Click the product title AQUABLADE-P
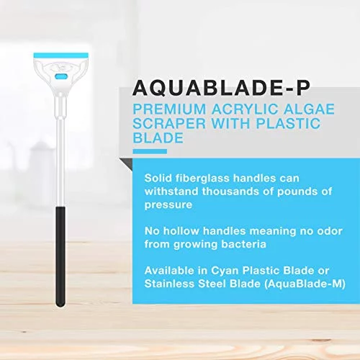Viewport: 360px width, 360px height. click(221, 88)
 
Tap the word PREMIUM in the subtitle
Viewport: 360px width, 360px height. click(169, 109)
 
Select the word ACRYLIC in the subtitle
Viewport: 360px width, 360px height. click(245, 109)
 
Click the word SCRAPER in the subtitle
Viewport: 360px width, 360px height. click(169, 123)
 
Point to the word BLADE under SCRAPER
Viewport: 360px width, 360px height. click(158, 138)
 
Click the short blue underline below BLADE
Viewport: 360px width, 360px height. click(150, 151)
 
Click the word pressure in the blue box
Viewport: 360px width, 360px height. click(168, 205)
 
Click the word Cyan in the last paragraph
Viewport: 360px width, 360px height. click(225, 271)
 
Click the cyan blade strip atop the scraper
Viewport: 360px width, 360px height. click(61, 55)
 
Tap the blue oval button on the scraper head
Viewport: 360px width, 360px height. click(61, 76)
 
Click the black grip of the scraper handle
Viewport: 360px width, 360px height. click(60, 256)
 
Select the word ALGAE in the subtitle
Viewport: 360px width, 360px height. click(309, 109)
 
